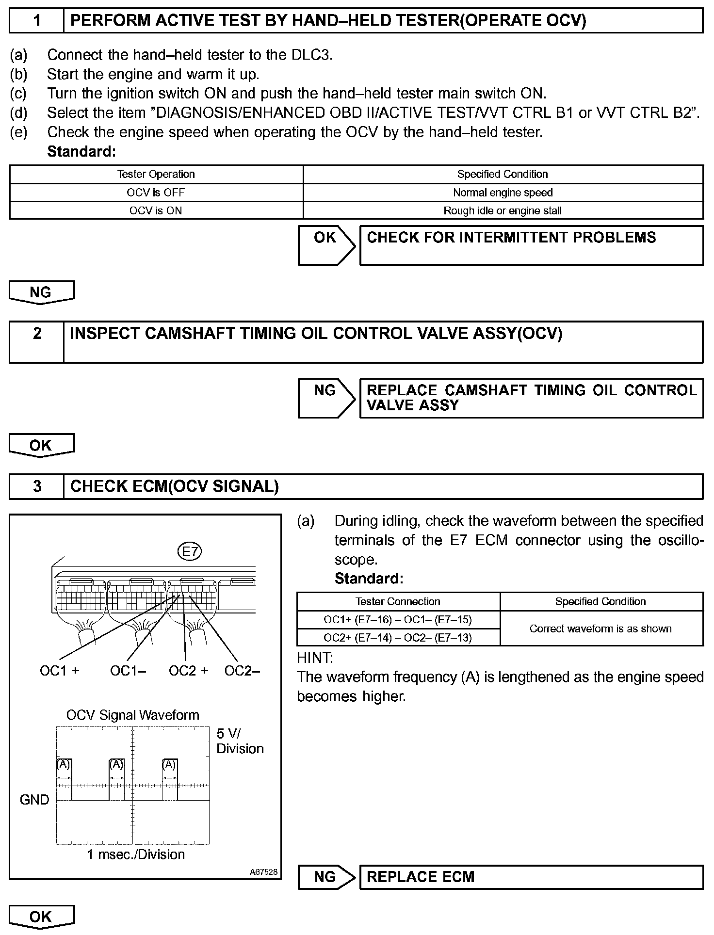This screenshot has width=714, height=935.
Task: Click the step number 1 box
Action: tap(37, 21)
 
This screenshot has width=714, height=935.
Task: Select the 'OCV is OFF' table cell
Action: tap(156, 193)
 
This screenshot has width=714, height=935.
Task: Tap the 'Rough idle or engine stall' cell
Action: tap(503, 211)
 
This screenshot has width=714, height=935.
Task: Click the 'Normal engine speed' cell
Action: tap(503, 193)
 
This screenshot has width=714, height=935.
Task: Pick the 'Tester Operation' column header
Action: tap(156, 174)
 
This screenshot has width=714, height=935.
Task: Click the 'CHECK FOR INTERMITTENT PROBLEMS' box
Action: tap(531, 245)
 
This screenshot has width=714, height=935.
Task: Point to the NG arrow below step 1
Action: tap(41, 292)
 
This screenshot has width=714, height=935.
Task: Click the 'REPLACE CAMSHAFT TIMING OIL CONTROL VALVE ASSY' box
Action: tap(531, 398)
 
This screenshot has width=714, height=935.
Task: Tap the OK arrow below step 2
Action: tap(41, 446)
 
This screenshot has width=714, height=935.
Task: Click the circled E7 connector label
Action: tap(190, 551)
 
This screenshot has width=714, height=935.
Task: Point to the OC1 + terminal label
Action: tap(59, 671)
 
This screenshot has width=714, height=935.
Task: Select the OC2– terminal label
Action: tap(242, 671)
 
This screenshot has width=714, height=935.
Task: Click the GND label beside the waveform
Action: tap(34, 800)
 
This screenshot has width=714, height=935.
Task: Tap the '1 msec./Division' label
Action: tap(136, 854)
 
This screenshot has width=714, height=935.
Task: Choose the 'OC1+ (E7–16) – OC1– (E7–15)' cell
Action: tap(398, 620)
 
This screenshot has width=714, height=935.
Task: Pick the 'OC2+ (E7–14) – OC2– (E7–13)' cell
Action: tap(398, 638)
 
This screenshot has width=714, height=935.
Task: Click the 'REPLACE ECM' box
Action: tap(531, 877)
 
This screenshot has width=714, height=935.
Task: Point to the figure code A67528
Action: tap(264, 872)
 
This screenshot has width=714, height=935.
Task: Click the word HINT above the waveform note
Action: tap(315, 658)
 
